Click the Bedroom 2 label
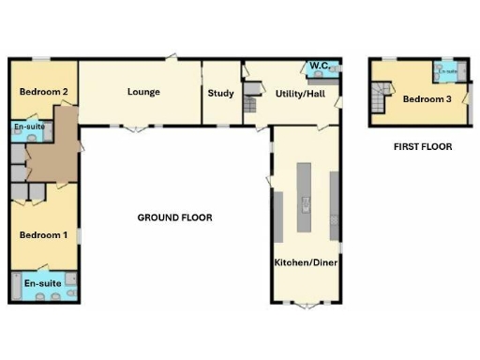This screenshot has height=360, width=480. coord(43,92)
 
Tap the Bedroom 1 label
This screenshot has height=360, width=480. coord(43,234)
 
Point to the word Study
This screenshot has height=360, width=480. coord(220,93)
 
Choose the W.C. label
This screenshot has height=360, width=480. coord(318,67)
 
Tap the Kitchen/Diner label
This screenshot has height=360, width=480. coord(306,262)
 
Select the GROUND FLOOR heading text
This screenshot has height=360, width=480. coord(174,217)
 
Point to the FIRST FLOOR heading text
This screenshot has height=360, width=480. coord(423,147)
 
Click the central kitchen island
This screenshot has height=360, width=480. coord(305,198)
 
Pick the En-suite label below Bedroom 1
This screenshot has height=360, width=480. coord(43,282)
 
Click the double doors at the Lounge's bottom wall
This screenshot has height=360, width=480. coord(136,127)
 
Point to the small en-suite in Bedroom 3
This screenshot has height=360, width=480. coord(447,70)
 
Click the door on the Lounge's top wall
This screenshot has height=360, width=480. coord(172,57)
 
